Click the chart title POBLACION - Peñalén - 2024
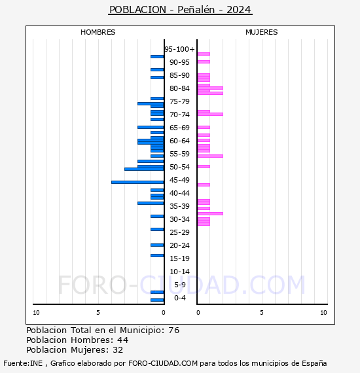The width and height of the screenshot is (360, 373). click(180, 10)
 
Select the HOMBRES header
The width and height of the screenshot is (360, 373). click(98, 32)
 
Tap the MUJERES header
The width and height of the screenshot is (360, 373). click(261, 32)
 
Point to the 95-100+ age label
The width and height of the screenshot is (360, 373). click(179, 49)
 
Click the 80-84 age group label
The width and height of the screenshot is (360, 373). click(179, 88)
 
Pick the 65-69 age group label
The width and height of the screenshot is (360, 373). click(179, 128)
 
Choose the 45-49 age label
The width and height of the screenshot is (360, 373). click(179, 180)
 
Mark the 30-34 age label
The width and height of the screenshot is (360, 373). click(179, 219)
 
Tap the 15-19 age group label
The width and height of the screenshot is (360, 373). click(179, 258)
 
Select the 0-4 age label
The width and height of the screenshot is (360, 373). click(179, 298)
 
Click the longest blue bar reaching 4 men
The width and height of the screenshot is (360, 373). click(137, 182)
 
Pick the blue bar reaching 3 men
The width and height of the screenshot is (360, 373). click(144, 169)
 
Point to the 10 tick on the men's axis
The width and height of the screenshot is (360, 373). click(36, 313)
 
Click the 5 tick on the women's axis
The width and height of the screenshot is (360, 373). click(261, 313)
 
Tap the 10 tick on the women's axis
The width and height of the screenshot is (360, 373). click(323, 313)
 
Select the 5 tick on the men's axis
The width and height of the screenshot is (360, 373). click(98, 313)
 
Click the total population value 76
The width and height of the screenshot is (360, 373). click(173, 330)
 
